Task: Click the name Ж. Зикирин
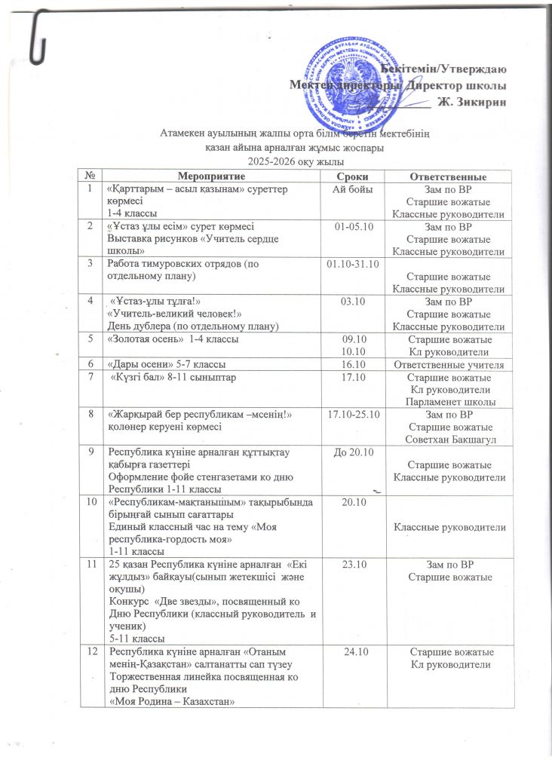[474, 102]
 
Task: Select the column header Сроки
[351, 176]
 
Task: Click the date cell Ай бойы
[351, 192]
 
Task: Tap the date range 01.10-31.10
[352, 264]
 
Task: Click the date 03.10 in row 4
[351, 301]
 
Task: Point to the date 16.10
[352, 363]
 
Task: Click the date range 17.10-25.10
[352, 415]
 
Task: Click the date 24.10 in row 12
[352, 651]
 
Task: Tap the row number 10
[90, 501]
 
